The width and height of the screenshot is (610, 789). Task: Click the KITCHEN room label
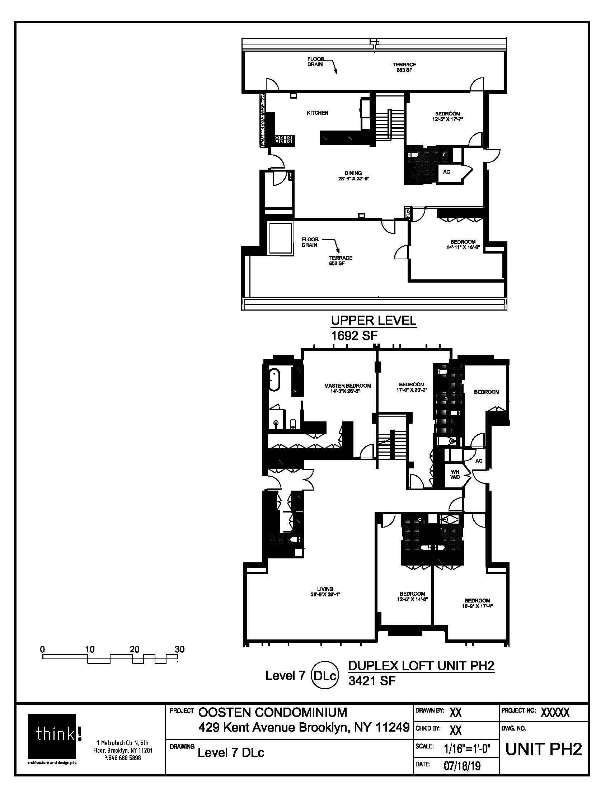click(x=317, y=113)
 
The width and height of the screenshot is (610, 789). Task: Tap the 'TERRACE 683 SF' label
click(x=404, y=67)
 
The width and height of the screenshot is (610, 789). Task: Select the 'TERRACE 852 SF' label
click(x=341, y=260)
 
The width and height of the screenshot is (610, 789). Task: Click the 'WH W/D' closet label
click(x=455, y=474)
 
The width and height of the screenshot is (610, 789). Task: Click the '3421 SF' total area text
click(x=372, y=681)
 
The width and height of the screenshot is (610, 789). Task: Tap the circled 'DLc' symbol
click(x=325, y=675)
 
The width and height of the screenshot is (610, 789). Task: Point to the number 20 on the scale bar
click(x=135, y=649)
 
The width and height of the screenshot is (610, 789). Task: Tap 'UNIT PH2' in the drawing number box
click(x=544, y=750)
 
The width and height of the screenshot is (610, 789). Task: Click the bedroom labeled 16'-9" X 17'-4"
click(x=477, y=603)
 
